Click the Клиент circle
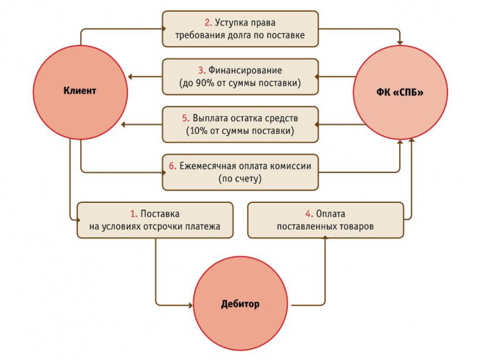(x=80, y=91)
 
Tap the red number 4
(x=308, y=214)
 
